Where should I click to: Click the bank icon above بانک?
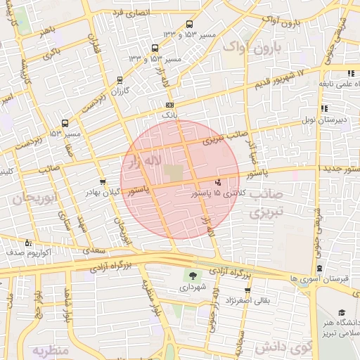pyautogui.click(x=169, y=105)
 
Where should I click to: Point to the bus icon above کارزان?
pyautogui.click(x=120, y=79)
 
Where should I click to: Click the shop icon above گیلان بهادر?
pyautogui.click(x=103, y=182)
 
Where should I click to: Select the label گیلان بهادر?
pyautogui.click(x=104, y=192)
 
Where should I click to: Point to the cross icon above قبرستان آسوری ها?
pyautogui.click(x=320, y=268)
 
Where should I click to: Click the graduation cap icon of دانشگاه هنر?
pyautogui.click(x=342, y=311)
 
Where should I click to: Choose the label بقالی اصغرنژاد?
pyautogui.click(x=247, y=301)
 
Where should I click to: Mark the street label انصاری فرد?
pyautogui.click(x=127, y=12)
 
